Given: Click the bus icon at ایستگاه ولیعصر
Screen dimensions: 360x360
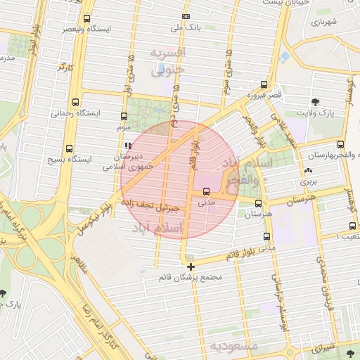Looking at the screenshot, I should [x=86, y=19].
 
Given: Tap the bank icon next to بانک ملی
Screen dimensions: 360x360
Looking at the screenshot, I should [x=186, y=16].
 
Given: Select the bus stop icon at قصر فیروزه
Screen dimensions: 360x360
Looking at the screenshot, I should [x=264, y=84].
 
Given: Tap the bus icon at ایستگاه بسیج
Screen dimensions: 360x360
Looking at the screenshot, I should [x=68, y=148].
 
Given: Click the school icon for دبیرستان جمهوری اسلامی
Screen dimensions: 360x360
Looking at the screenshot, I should [x=127, y=146].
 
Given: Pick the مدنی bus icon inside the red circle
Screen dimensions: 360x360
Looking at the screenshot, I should [x=206, y=191].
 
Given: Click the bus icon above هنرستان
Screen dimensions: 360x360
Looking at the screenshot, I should [x=259, y=203].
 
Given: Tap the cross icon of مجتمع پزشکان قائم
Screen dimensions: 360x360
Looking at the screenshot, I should [x=191, y=266].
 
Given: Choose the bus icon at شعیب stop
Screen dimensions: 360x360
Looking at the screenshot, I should [x=352, y=226].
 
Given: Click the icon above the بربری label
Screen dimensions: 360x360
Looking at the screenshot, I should [x=307, y=171].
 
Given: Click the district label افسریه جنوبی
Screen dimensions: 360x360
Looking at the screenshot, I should [x=169, y=62].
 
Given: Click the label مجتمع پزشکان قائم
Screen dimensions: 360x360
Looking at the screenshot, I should [x=191, y=277].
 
